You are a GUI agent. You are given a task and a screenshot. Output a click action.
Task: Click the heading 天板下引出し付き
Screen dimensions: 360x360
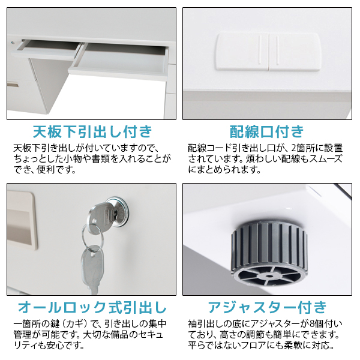(x=92, y=131)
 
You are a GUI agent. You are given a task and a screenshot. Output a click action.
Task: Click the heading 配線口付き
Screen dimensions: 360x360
(x=267, y=131)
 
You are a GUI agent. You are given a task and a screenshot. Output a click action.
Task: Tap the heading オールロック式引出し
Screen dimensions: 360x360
(x=92, y=307)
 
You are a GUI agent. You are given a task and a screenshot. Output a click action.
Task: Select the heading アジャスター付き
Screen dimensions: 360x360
(x=267, y=307)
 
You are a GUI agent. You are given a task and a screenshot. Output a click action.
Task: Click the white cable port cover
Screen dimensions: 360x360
(x=268, y=52)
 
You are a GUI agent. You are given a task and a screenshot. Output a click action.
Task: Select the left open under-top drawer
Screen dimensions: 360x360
(x=46, y=49)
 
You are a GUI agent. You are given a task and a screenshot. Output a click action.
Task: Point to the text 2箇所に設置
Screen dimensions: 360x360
(x=317, y=148)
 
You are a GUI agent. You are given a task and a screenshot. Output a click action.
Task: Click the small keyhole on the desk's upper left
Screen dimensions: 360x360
(x=13, y=43)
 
